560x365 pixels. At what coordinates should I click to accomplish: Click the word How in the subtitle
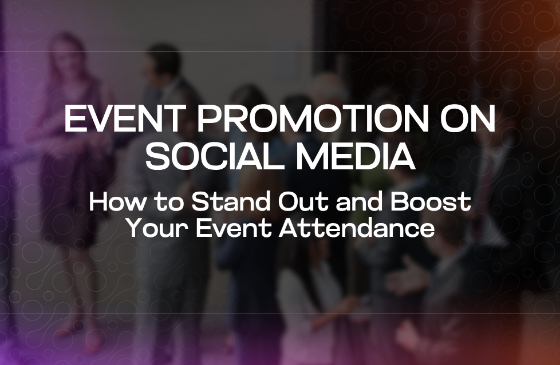(114, 203)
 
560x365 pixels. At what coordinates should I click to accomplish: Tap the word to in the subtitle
(165, 203)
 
